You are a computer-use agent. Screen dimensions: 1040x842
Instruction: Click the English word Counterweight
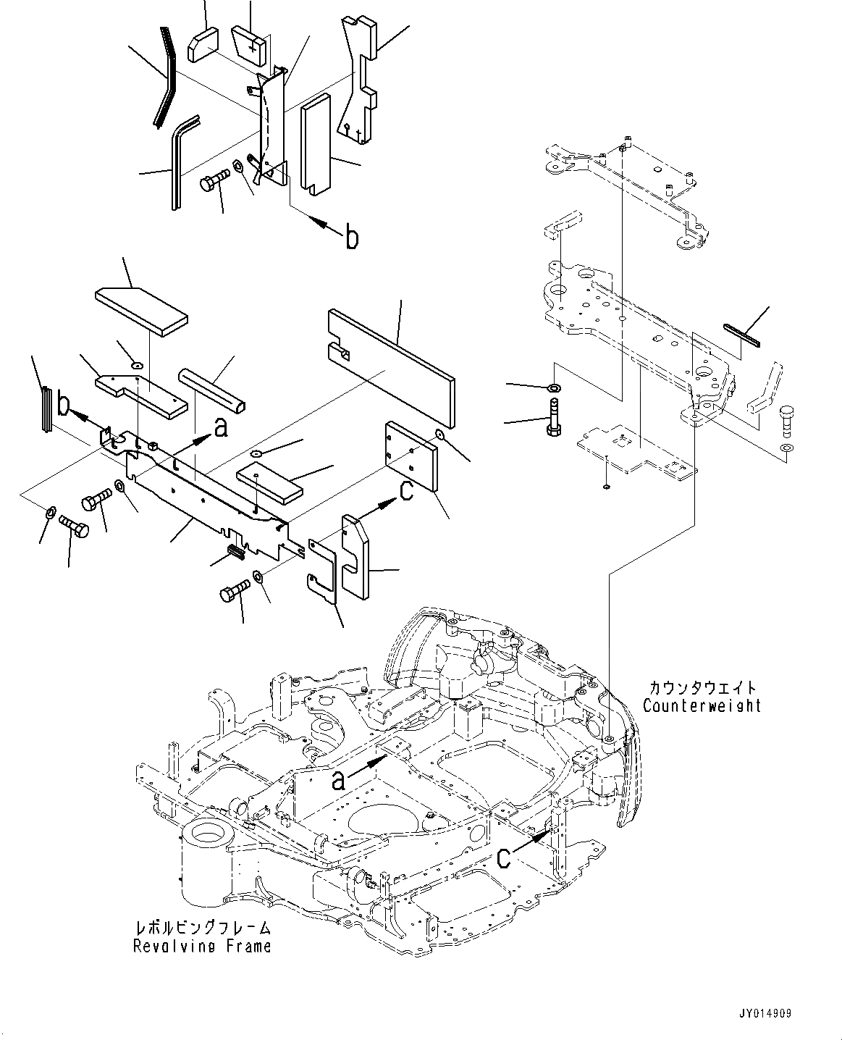[701, 705]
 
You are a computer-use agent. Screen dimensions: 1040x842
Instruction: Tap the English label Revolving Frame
[202, 946]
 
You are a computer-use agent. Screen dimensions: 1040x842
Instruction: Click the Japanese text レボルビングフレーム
[203, 928]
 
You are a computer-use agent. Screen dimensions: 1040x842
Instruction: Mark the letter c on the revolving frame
[508, 857]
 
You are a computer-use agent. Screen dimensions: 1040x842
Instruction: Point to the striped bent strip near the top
[164, 76]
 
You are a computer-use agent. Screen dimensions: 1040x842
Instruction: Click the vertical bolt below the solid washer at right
[552, 419]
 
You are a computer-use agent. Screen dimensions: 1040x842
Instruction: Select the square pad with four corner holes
[411, 456]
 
